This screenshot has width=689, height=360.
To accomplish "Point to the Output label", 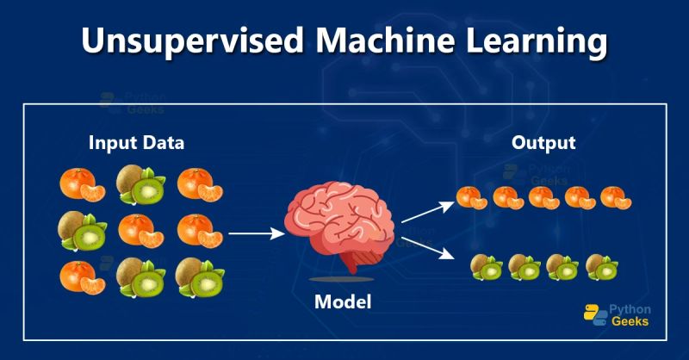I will pyautogui.click(x=543, y=142).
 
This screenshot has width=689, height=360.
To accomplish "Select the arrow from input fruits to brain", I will pyautogui.click(x=257, y=233).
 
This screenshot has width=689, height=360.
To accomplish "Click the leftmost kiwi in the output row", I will pyautogui.click(x=486, y=266).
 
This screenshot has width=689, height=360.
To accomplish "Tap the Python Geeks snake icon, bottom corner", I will pyautogui.click(x=593, y=314).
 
